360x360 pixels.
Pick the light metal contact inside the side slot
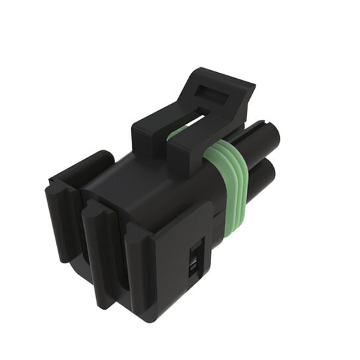tap(192, 268)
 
